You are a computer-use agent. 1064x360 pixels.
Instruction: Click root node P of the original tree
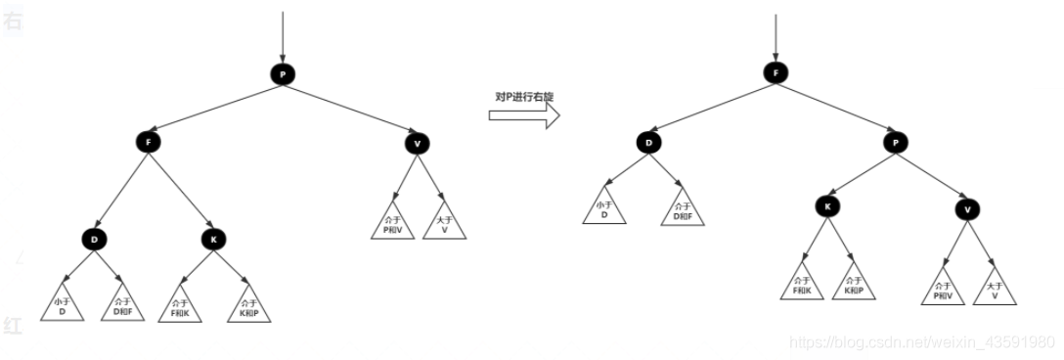coord(282,75)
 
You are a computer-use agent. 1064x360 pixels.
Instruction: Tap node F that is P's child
coord(149,143)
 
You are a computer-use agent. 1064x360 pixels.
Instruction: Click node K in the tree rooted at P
coord(214,238)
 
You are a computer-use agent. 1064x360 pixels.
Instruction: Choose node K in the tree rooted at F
coord(827,206)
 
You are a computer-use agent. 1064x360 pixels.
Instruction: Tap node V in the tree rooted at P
coord(417,144)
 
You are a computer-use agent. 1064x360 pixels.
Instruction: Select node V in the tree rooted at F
coord(967,208)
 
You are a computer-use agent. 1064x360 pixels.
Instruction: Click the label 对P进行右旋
coord(523,97)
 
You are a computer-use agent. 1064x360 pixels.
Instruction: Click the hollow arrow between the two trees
coord(523,116)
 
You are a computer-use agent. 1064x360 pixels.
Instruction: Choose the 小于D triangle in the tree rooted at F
coord(603,209)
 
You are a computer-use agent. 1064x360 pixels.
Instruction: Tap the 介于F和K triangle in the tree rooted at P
coord(180,306)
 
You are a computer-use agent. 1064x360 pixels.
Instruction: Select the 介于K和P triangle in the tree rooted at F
coord(854,285)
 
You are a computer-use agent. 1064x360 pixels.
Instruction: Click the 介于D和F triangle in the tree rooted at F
coord(682,209)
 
